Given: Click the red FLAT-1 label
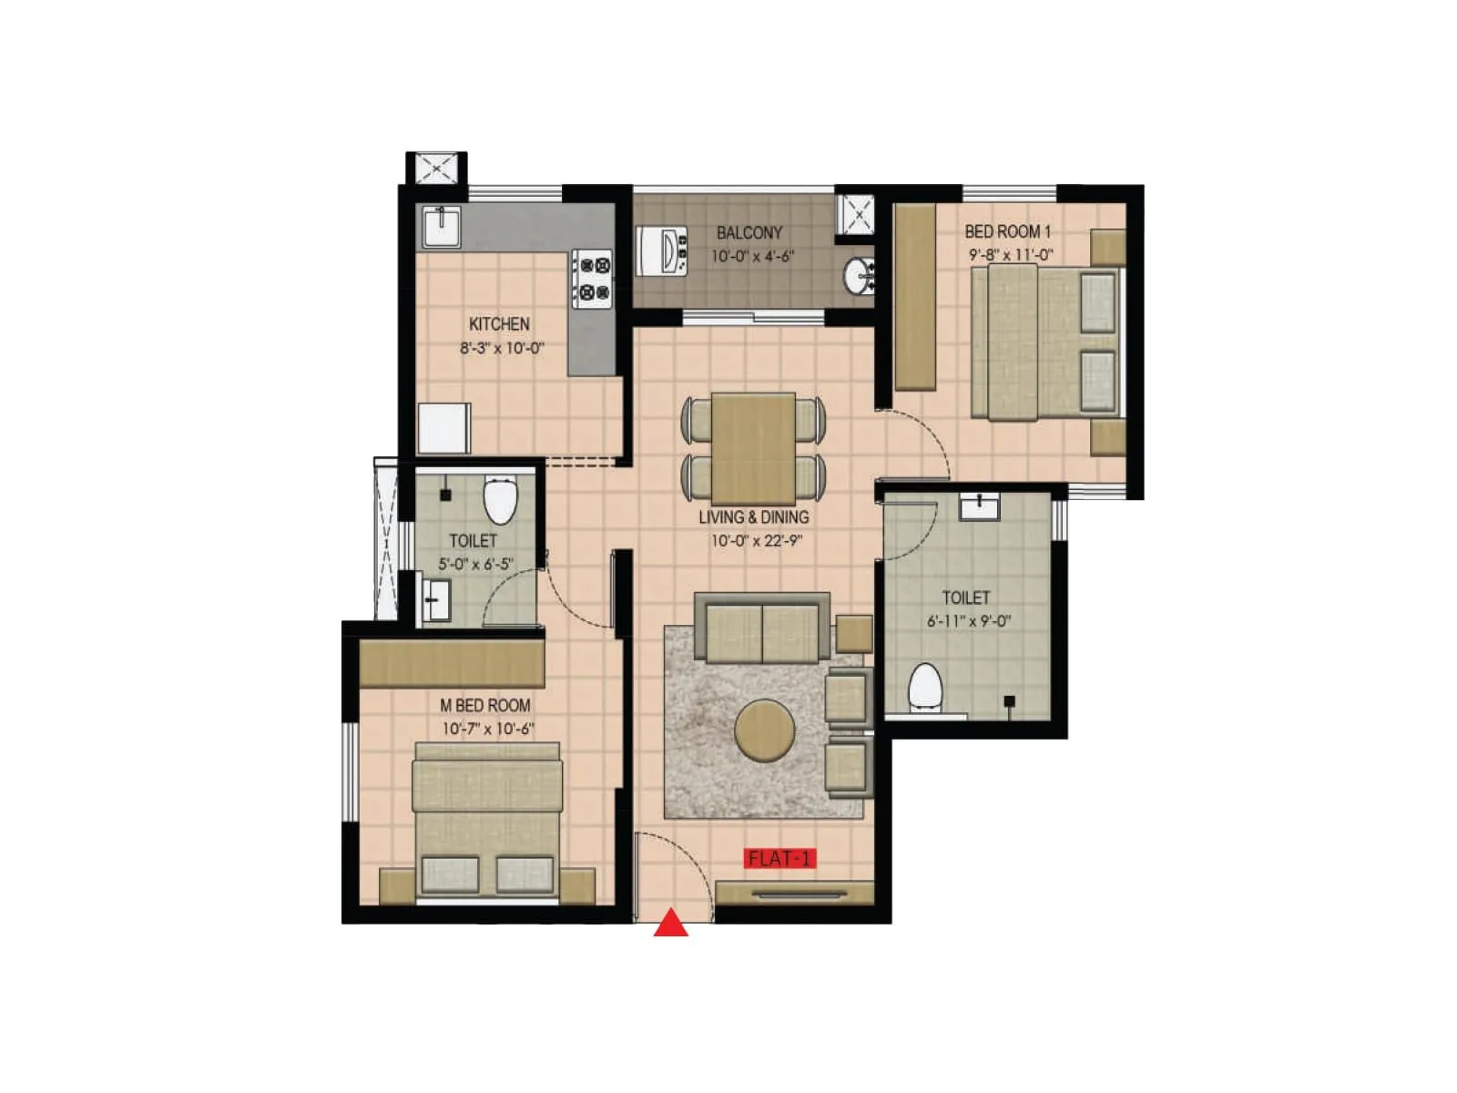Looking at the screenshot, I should tap(779, 858).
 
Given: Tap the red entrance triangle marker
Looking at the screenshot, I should tap(671, 924).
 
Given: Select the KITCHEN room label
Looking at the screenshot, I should tap(499, 324).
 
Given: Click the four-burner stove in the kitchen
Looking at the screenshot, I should tap(593, 279).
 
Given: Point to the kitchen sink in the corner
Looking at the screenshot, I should tap(442, 225).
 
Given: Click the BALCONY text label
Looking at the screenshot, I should tap(749, 233).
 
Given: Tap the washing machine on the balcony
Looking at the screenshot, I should tap(663, 250).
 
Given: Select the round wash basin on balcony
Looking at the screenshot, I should tap(858, 276).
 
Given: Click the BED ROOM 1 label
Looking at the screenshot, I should tap(1007, 231).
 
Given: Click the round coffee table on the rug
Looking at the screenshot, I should tap(764, 730).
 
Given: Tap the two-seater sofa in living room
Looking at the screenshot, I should tap(762, 629).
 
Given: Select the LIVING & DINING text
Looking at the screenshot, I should tap(753, 517).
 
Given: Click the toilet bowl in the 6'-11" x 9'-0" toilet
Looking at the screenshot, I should tap(925, 685).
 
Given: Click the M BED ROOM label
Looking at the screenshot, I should tap(484, 705).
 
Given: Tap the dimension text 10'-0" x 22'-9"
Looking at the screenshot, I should tap(756, 541).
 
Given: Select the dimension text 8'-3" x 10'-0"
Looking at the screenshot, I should tap(501, 348).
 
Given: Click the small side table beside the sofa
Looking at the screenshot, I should tap(853, 634).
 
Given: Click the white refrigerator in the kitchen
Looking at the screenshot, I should tap(444, 427).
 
